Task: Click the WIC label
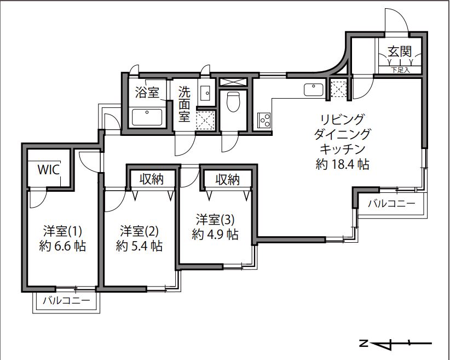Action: [49, 169]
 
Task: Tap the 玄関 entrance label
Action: [400, 52]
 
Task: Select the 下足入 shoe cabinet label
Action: [400, 70]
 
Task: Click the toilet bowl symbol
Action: [233, 102]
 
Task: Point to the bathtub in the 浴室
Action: [147, 117]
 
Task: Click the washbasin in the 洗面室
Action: [205, 93]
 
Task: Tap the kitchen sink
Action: [313, 90]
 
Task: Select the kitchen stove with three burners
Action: [264, 120]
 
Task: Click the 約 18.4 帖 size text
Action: [342, 164]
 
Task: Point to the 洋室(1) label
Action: [62, 231]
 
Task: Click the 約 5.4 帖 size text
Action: [139, 246]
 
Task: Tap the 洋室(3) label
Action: [215, 220]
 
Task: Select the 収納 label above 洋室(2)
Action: [152, 179]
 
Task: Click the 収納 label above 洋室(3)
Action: [228, 180]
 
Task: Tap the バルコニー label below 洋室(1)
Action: [66, 301]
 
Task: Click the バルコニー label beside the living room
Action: [391, 204]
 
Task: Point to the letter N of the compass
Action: [364, 343]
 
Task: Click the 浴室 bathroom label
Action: [147, 93]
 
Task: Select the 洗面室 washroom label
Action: [184, 104]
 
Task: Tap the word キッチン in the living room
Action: [342, 149]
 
